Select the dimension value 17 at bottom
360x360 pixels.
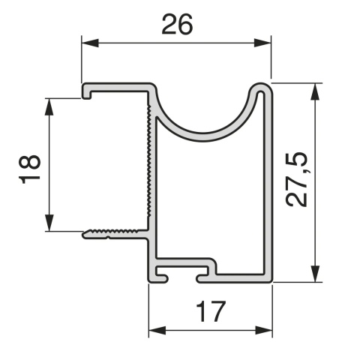[x=211, y=312]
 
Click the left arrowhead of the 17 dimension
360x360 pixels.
[x=154, y=329]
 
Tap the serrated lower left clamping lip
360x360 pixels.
[x=112, y=232]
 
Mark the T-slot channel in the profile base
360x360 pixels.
[x=184, y=270]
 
